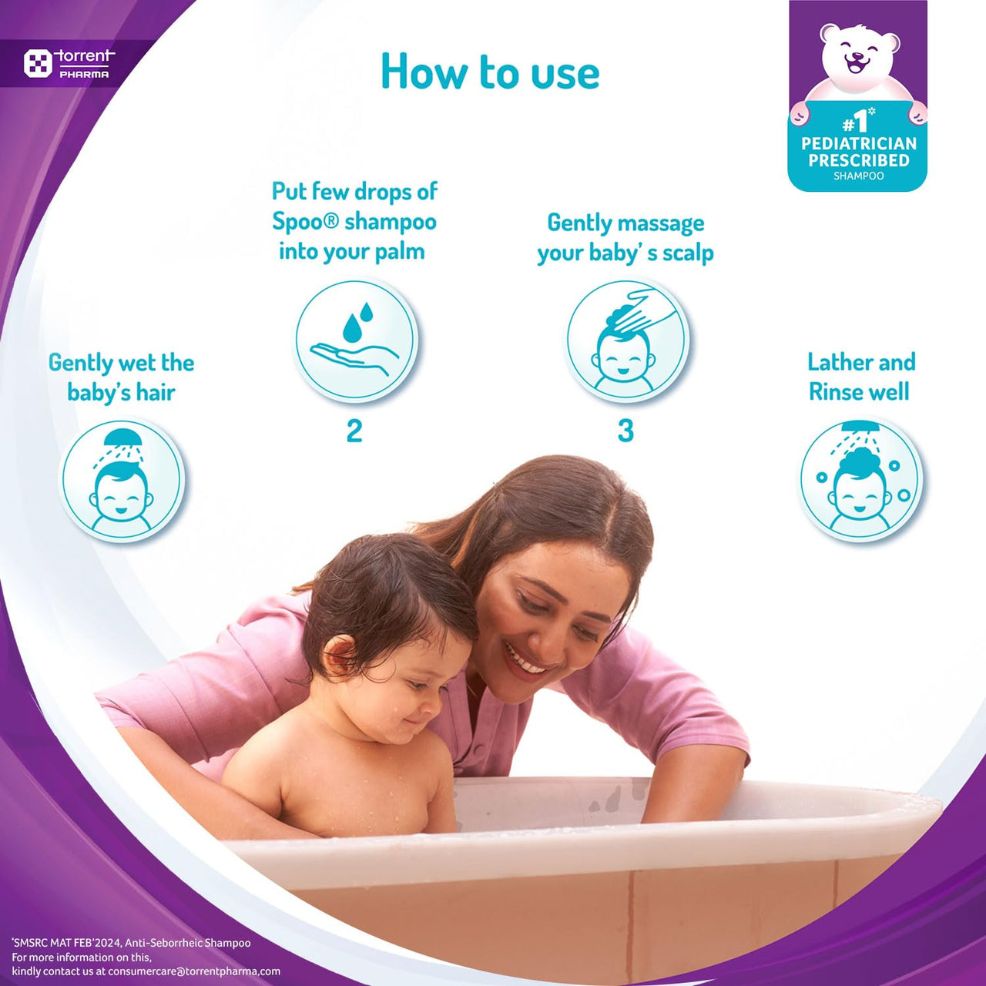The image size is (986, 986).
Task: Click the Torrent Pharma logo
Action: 68,63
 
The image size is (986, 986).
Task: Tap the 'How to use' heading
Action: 490,72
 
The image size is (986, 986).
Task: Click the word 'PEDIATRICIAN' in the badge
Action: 859,143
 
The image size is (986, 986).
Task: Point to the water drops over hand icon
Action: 355,340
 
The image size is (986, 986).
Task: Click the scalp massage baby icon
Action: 626,340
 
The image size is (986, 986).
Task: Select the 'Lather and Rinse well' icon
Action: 860,479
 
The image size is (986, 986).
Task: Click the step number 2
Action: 354,431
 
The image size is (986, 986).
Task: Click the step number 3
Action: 625,431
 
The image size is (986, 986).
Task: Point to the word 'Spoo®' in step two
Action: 305,222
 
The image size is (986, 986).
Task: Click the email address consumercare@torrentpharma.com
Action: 194,971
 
